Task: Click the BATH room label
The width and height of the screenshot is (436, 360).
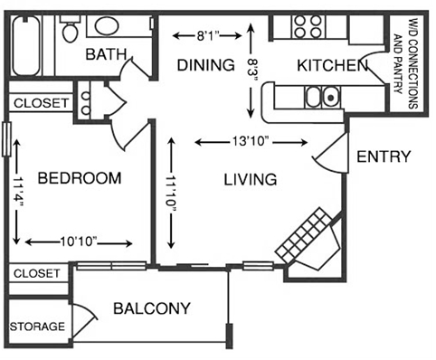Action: (x=107, y=55)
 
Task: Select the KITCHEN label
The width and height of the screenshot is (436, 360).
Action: (x=331, y=65)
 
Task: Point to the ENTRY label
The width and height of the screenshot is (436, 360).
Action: (x=384, y=156)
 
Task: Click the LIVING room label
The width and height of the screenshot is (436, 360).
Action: (x=250, y=180)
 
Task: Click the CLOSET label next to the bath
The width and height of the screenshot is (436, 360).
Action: (x=40, y=103)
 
